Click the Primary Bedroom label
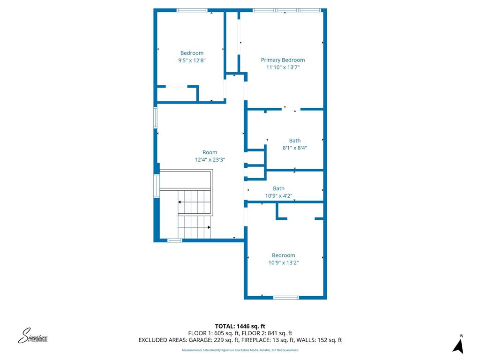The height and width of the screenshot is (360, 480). pyautogui.click(x=283, y=60)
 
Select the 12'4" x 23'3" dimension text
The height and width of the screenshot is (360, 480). pyautogui.click(x=210, y=160)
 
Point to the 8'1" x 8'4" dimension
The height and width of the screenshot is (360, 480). pyautogui.click(x=295, y=148)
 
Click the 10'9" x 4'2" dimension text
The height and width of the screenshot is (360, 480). pyautogui.click(x=279, y=196)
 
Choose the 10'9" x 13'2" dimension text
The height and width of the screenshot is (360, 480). pyautogui.click(x=284, y=263)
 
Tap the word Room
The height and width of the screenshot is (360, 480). pyautogui.click(x=210, y=152)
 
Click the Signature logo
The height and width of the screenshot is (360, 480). pyautogui.click(x=33, y=336)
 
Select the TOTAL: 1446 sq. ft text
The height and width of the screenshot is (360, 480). pyautogui.click(x=240, y=326)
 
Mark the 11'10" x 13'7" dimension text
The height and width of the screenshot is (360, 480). pyautogui.click(x=283, y=67)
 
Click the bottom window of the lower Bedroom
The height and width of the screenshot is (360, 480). pyautogui.click(x=286, y=297)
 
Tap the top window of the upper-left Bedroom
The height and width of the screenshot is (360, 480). pyautogui.click(x=192, y=10)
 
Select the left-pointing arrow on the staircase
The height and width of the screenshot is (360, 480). pyautogui.click(x=180, y=202)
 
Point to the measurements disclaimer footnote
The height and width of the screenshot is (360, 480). pyautogui.click(x=240, y=350)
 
